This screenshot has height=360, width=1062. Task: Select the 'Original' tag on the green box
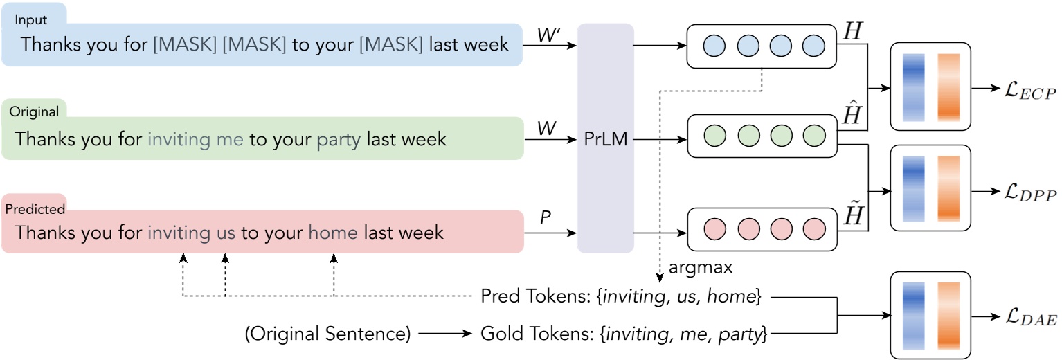(33, 111)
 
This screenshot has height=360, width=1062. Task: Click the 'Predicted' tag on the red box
(35, 208)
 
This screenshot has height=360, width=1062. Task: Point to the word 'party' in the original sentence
(339, 139)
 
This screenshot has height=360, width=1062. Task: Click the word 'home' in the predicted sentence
(333, 233)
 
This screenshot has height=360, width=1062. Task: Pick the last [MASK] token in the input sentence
(390, 45)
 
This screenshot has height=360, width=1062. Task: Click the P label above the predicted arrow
(546, 219)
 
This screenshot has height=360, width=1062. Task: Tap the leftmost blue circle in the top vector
(714, 46)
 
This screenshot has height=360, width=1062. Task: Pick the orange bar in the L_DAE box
(949, 315)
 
